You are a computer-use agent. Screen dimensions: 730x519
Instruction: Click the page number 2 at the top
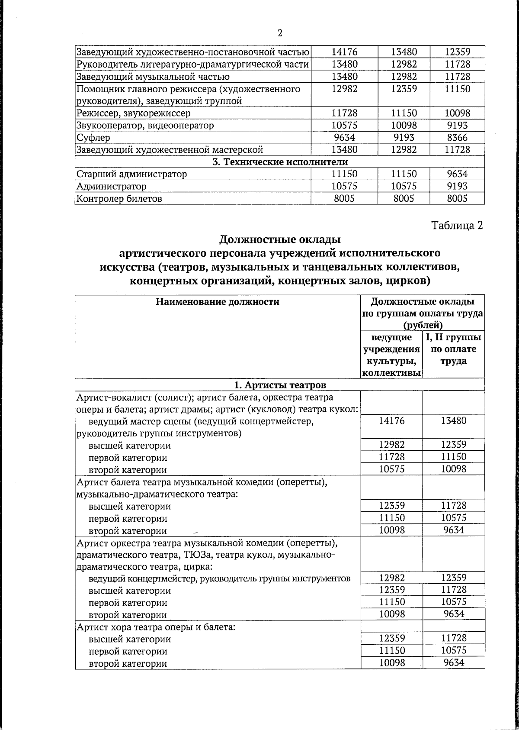pos(280,33)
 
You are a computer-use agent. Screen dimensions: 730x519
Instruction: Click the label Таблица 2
pos(457,225)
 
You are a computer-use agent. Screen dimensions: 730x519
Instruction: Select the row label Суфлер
pos(93,138)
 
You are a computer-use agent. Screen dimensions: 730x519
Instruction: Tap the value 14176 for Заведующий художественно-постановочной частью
pos(344,52)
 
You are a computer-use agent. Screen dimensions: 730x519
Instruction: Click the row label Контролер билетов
pos(119,199)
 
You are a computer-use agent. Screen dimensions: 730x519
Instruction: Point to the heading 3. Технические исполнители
pos(279,162)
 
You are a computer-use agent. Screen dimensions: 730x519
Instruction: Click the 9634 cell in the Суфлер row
pos(344,138)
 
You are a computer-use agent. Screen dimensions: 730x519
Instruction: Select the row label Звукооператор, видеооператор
pos(145,126)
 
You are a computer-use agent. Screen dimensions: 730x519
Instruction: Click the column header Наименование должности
pos(218,302)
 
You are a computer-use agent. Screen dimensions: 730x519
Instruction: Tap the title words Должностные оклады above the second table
pos(280,239)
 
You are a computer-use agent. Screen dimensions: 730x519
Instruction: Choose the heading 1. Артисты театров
pos(280,385)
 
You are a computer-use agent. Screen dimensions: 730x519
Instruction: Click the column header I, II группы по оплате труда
pos(454,349)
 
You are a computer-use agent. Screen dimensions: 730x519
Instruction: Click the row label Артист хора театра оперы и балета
pos(155,627)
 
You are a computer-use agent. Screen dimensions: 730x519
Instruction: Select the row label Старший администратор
pos(131,174)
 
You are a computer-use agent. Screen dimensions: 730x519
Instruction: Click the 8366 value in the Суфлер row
pos(457,138)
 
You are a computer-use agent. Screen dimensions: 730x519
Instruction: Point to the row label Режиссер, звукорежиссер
pos(133,113)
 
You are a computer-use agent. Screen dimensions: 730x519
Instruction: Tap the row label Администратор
pos(111,187)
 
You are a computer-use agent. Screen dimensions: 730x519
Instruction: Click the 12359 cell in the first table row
pos(457,52)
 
